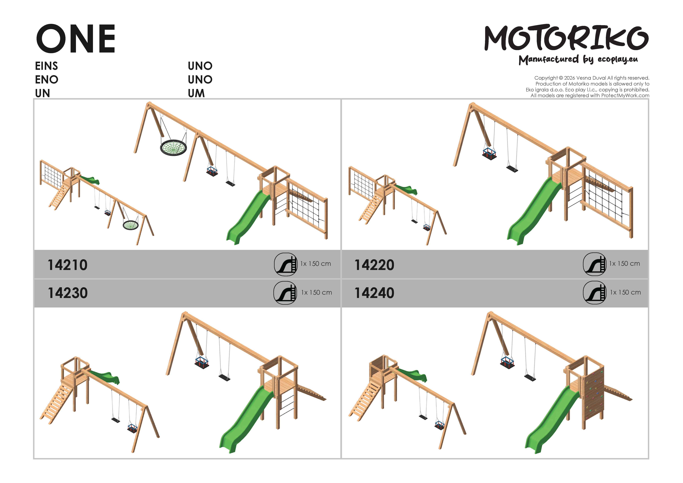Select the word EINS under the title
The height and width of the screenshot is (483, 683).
pos(46,66)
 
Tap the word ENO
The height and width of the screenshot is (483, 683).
pos(47,79)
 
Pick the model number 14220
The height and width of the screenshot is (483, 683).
pos(375,265)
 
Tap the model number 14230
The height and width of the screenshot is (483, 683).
pos(68,293)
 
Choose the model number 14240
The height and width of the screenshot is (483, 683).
pos(375,293)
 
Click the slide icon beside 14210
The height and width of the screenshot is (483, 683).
pos(286,264)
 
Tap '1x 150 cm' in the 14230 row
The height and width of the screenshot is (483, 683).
pos(317,292)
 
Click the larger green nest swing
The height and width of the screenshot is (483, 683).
pos(173,147)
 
